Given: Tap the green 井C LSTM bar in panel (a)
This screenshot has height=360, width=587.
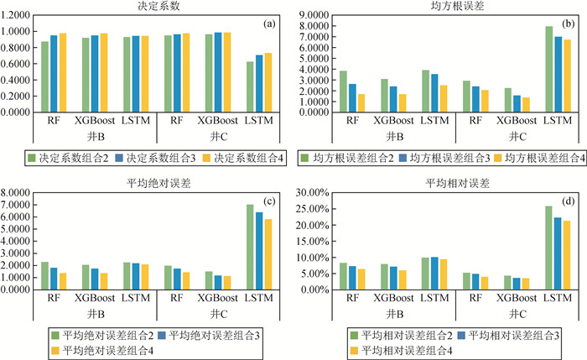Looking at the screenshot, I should click(x=249, y=86).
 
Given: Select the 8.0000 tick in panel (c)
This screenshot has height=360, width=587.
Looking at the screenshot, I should click(x=18, y=193).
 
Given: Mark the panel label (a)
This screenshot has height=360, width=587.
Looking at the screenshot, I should click(x=269, y=23).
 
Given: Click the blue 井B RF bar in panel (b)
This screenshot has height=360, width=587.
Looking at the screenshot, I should click(x=353, y=98).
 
